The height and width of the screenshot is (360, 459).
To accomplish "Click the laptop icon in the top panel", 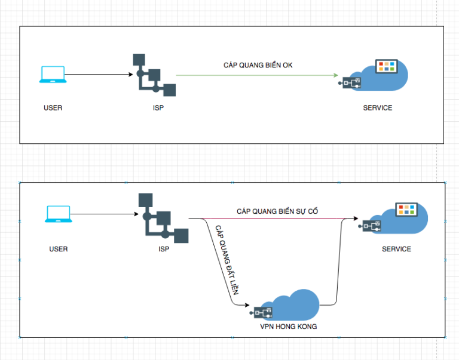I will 52,74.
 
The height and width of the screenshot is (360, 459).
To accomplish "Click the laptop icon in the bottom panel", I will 58,216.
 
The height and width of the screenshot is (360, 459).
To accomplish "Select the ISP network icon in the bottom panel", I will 163,219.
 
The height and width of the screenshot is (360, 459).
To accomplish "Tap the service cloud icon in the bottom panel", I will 397,220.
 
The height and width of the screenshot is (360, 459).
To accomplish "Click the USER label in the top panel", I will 53,108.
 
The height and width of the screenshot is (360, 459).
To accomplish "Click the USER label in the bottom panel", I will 59,249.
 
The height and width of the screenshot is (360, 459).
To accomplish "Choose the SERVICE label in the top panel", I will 378,108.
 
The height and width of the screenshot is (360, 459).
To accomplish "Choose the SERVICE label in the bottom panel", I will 396,249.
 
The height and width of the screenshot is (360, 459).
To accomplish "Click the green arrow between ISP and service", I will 257,75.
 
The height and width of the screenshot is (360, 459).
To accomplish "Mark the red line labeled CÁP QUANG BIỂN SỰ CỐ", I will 269,219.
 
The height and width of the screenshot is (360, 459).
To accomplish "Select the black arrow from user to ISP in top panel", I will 99,75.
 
